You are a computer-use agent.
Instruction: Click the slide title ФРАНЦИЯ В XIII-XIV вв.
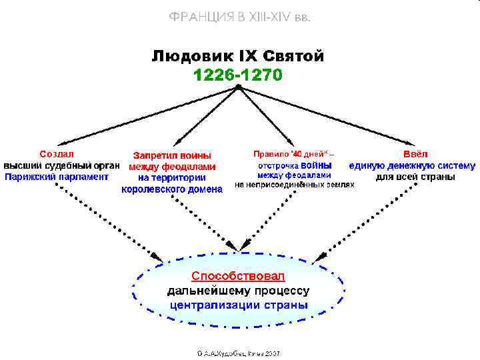point(240,17)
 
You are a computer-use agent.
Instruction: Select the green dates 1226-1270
point(238,75)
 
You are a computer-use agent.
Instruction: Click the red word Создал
point(57,153)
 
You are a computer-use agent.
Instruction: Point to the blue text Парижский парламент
point(57,177)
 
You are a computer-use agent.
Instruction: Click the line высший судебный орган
point(61,165)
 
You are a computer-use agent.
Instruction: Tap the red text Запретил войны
point(172,155)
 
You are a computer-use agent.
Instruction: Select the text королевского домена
point(172,189)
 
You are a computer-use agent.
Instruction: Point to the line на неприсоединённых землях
point(294,185)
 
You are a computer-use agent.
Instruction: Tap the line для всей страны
point(415,177)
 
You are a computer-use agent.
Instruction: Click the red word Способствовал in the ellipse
point(238,275)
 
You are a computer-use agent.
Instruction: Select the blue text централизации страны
point(238,305)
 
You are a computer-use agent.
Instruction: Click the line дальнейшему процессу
point(238,290)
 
